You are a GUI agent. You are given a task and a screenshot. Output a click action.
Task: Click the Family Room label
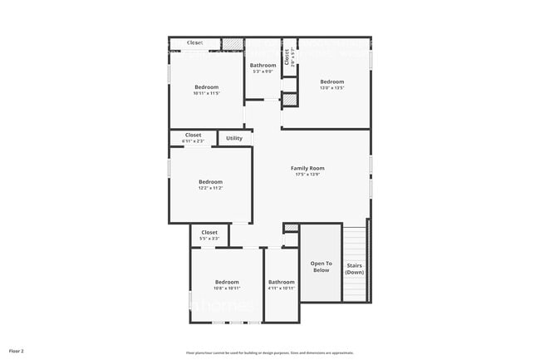point(307,168)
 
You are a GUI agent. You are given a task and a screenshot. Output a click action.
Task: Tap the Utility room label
point(234,138)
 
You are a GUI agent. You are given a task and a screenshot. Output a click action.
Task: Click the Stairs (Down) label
point(355,269)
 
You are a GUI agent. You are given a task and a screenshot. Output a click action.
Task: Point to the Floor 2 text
point(17,352)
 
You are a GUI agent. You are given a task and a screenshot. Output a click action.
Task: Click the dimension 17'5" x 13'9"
point(307,175)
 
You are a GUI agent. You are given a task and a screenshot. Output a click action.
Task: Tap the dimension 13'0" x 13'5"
point(332,88)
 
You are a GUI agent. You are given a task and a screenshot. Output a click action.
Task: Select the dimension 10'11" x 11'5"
point(207,93)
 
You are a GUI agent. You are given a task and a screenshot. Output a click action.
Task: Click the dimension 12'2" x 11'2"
point(210,188)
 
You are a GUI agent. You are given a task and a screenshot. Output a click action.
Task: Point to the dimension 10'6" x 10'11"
point(227,288)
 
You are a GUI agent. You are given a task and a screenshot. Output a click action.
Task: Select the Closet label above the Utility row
point(193,135)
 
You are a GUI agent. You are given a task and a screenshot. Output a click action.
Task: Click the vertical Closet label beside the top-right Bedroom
point(287,57)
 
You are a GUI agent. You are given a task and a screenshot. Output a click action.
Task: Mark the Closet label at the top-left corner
point(194,42)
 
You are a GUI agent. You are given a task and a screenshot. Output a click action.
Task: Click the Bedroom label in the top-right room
point(332,81)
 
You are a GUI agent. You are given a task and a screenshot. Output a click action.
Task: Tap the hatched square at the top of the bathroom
point(233,43)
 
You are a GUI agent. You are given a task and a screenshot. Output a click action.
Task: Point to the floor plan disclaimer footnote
point(269,353)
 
